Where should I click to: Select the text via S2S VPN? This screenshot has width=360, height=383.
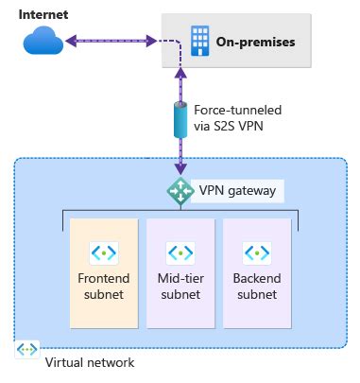[x=231, y=126]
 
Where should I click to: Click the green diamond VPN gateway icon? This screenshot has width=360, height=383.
[x=180, y=190]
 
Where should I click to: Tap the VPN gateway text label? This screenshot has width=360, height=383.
[x=237, y=191]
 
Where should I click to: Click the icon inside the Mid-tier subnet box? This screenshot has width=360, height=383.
[x=180, y=253]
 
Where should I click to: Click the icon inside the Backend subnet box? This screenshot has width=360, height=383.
[x=255, y=253]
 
